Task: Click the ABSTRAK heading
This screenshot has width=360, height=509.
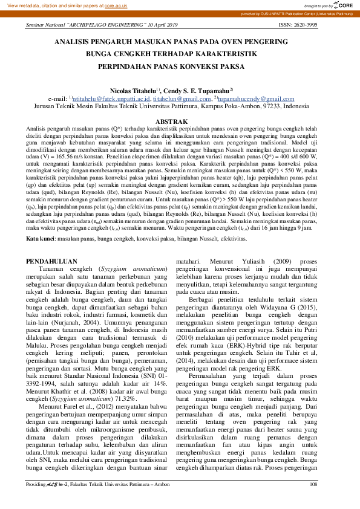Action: (180, 122)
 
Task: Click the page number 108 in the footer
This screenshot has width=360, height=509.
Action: (313, 501)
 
